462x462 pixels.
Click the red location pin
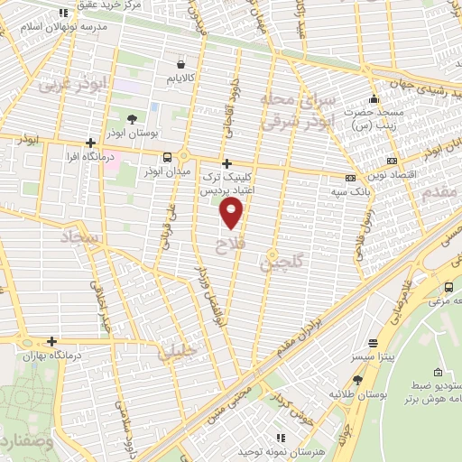point(233,212)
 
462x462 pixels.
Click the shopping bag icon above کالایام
point(182,65)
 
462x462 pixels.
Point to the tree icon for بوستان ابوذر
point(132,118)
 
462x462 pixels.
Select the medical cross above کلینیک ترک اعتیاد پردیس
point(226,162)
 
